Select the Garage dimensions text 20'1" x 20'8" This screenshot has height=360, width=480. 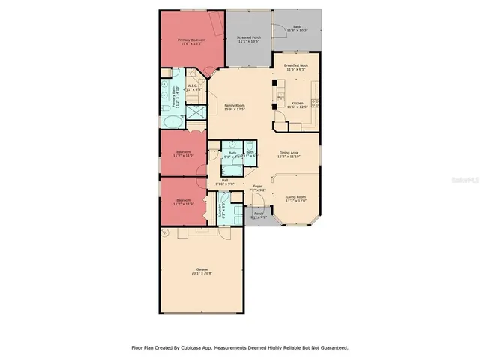202,273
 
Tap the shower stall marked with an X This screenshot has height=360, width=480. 196,112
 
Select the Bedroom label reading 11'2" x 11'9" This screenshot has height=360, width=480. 184,203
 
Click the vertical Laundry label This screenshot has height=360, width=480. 221,210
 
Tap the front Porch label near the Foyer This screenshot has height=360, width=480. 259,215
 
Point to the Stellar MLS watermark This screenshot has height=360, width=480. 465,181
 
